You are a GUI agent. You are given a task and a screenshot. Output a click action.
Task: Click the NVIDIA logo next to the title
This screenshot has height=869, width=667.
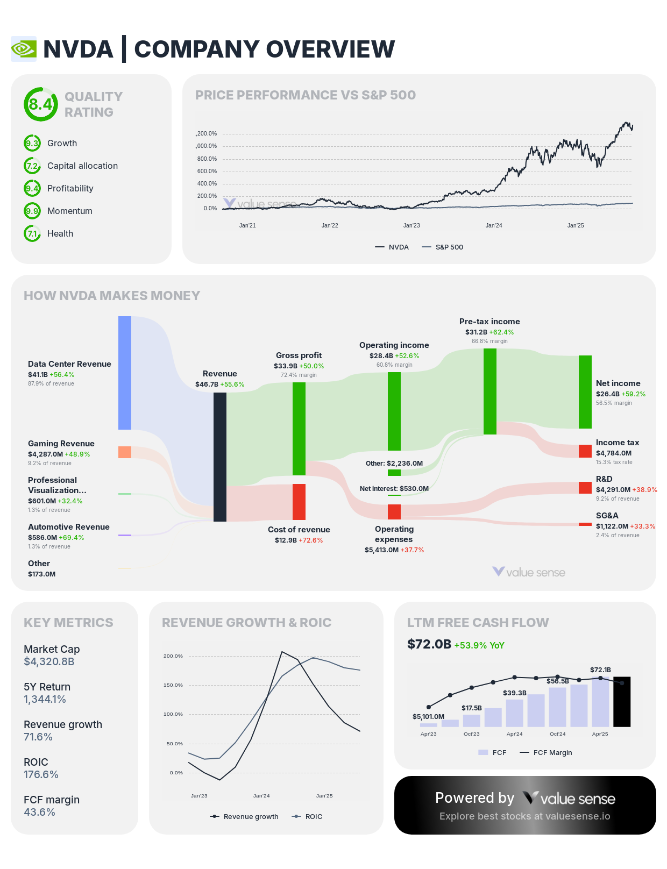tap(24, 49)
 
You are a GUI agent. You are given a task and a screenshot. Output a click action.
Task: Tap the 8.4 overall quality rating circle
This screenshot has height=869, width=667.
tap(40, 104)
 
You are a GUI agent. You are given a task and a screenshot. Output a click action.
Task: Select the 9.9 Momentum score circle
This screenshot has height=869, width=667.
tap(32, 211)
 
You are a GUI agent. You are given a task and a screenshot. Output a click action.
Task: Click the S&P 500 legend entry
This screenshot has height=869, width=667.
tap(443, 247)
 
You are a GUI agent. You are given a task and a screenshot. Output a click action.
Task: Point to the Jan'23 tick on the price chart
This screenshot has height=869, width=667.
tap(411, 225)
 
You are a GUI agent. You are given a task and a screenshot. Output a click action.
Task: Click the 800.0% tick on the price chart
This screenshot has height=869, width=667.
tap(207, 159)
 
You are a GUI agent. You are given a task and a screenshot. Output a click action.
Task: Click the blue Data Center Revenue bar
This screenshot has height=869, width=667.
tap(125, 373)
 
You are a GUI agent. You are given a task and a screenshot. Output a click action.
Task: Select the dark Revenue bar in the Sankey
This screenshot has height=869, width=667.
tap(220, 457)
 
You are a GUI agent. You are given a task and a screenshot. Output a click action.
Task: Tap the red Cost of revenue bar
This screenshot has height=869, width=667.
tap(299, 502)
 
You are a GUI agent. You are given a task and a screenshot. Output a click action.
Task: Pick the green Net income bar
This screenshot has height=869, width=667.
tap(585, 391)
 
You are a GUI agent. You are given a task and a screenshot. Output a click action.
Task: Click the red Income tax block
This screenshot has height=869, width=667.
tap(585, 451)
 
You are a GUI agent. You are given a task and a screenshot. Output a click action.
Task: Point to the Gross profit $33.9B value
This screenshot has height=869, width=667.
tap(285, 366)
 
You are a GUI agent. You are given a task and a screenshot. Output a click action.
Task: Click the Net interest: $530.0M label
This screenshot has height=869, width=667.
tap(394, 489)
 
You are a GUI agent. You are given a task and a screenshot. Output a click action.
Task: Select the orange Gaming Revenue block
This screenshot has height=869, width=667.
tap(125, 452)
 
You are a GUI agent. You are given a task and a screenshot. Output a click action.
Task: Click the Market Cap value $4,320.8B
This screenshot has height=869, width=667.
tap(49, 662)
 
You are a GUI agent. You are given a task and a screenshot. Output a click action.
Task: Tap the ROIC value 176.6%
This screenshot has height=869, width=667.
tap(41, 775)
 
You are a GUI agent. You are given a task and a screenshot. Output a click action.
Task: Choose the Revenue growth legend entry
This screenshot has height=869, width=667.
tap(245, 816)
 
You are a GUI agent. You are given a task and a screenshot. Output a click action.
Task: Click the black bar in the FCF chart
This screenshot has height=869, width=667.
tap(622, 702)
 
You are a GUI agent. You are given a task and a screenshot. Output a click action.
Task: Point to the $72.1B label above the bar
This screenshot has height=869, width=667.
tap(600, 670)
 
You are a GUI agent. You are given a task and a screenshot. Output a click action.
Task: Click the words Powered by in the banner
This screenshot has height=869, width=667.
tap(474, 798)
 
